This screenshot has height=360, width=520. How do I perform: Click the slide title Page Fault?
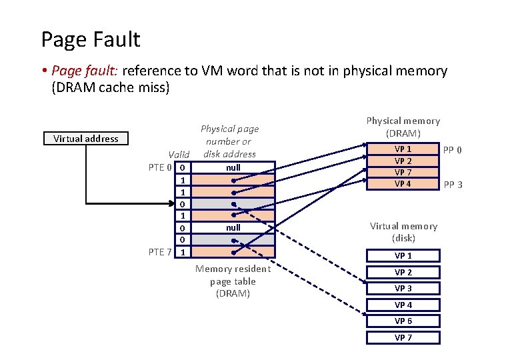91,39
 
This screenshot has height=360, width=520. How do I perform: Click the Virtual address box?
86,139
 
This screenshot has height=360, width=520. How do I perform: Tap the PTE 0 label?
161,167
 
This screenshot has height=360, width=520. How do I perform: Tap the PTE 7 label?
161,251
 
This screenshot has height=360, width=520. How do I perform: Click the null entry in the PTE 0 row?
233,167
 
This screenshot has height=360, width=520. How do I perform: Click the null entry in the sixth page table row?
233,227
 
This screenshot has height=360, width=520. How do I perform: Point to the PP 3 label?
453,185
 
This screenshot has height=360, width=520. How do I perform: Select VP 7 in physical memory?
403,173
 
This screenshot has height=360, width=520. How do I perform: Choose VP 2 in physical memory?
403,161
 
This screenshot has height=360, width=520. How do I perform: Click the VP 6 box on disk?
403,321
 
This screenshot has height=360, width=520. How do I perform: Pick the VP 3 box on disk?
403,289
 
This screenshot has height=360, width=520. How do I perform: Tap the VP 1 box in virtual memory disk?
403,256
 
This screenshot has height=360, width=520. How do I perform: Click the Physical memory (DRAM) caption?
403,127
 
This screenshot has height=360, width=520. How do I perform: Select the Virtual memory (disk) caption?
403,232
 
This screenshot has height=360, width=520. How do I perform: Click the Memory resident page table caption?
233,281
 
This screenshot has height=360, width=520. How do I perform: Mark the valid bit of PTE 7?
183,252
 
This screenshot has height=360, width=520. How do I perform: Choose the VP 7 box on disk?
403,337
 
